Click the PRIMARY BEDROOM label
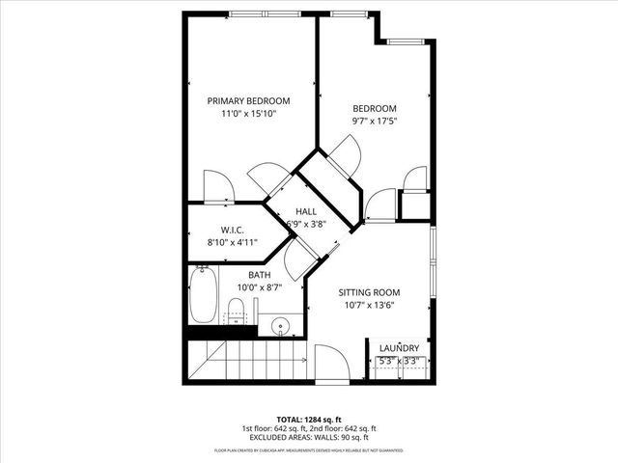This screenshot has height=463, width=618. [249, 100]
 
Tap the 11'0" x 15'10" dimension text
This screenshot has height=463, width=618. [249, 114]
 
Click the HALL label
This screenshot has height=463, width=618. [306, 211]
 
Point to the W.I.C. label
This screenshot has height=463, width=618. [231, 230]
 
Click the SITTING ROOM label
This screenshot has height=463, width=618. [368, 292]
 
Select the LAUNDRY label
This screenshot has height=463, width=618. [399, 348]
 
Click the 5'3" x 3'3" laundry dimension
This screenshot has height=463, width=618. [399, 362]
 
